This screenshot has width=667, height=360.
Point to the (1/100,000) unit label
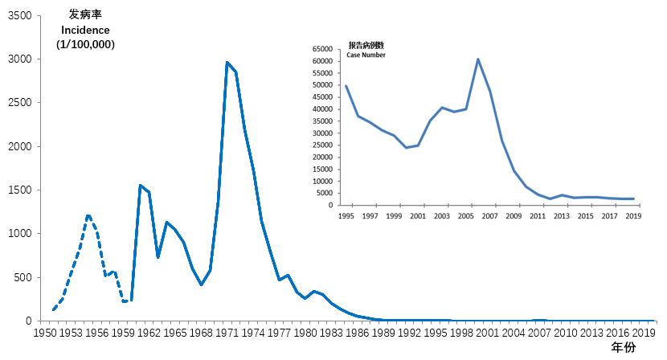point(85,44)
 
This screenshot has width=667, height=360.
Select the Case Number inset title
point(366,55)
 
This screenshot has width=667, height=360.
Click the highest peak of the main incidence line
point(227,63)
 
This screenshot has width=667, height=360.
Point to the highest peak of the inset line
point(478,59)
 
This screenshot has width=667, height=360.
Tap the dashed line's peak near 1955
point(88,215)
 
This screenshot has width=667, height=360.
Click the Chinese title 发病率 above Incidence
point(85,15)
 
